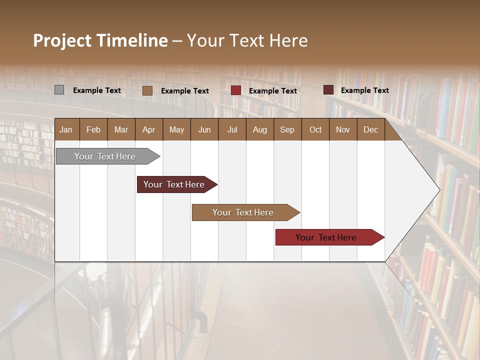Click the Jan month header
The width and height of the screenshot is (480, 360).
tap(66, 129)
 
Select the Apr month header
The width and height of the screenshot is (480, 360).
tap(149, 129)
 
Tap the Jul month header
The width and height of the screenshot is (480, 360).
tap(232, 129)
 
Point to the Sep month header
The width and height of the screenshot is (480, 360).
tap(287, 129)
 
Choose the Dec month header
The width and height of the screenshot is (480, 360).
tap(370, 129)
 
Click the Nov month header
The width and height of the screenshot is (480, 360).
tap(343, 129)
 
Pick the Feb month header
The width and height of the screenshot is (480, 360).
tap(93, 129)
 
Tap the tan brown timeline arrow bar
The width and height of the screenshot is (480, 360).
tap(243, 212)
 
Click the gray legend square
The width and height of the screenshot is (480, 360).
tap(59, 90)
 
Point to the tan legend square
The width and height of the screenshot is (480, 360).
tap(147, 90)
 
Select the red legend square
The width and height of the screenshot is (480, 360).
tap(236, 90)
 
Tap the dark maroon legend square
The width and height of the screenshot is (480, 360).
tap(328, 90)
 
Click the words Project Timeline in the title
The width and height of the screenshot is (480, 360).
tap(100, 40)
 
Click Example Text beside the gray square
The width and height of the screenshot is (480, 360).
tap(97, 90)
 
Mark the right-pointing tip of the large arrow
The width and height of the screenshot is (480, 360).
tap(438, 189)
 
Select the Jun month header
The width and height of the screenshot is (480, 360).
tap(204, 129)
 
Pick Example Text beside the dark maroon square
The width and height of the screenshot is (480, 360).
tap(365, 90)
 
